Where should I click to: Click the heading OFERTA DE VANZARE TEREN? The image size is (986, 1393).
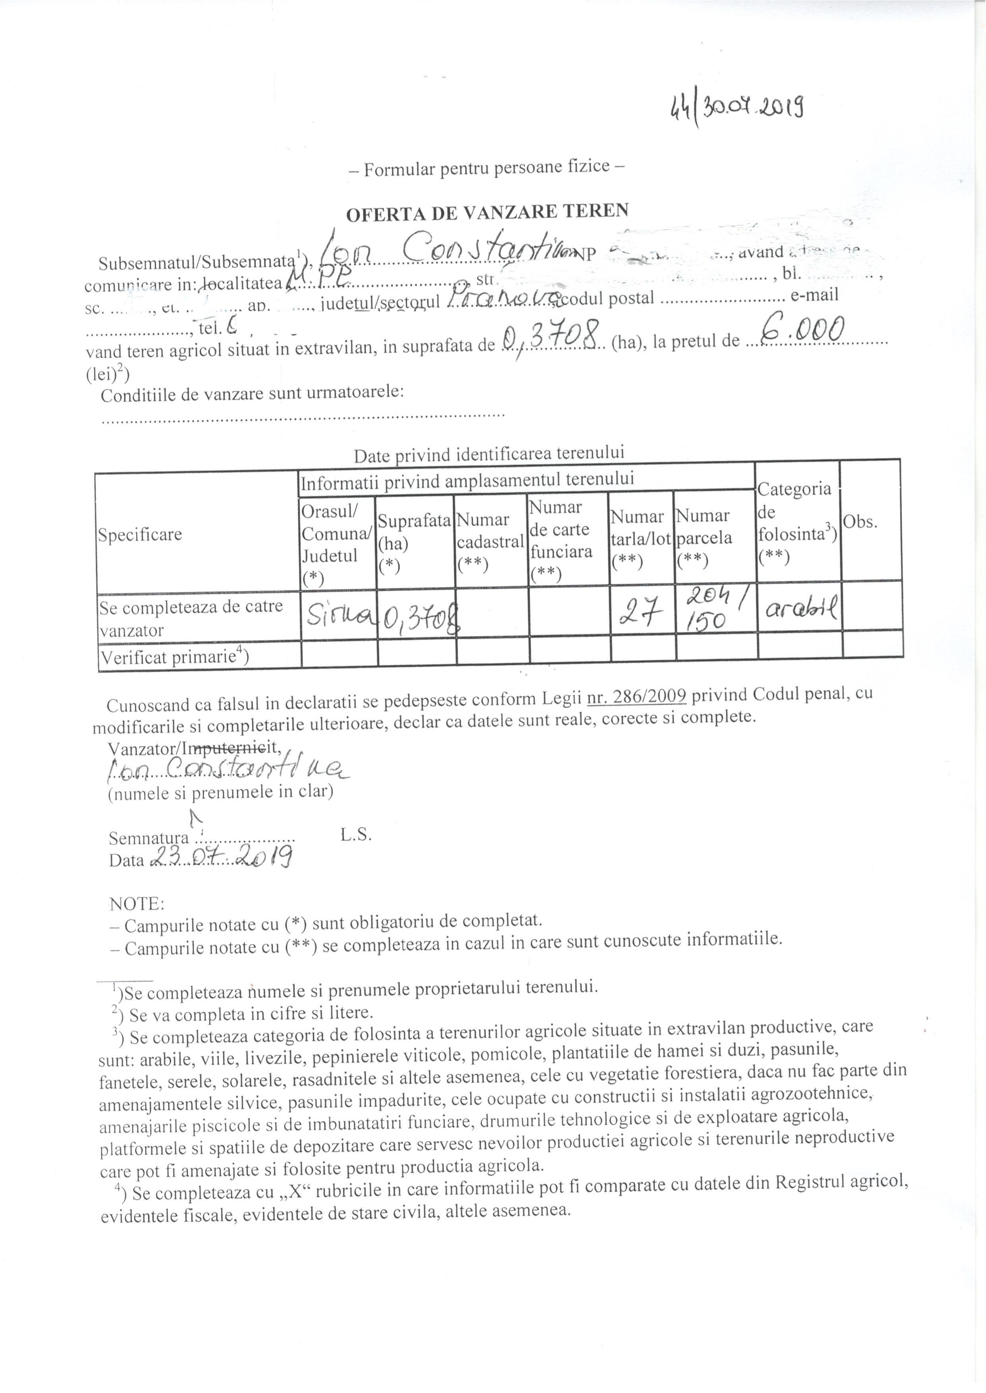pyautogui.click(x=487, y=212)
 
